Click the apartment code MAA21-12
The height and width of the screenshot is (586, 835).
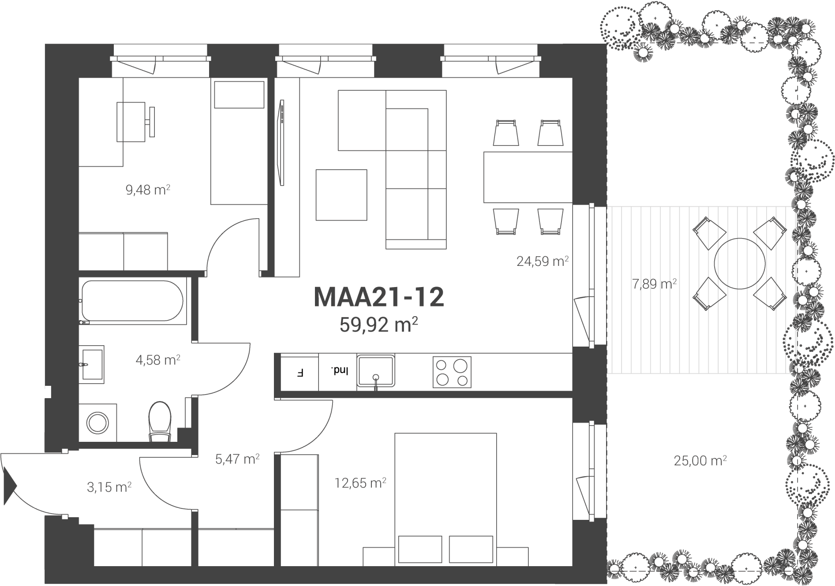(x=378, y=297)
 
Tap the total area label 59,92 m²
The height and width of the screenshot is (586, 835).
(x=378, y=325)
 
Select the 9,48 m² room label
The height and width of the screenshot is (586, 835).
(x=148, y=190)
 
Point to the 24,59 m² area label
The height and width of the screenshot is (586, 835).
(x=542, y=261)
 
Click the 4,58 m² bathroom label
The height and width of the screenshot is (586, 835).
(x=158, y=360)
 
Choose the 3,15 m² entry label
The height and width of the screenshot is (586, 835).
(x=109, y=487)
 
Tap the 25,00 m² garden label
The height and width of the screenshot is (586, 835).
(x=700, y=461)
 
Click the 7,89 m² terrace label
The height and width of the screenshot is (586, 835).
(x=654, y=284)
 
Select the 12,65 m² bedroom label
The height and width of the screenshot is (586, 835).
(x=360, y=483)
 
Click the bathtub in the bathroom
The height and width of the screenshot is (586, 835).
(x=132, y=301)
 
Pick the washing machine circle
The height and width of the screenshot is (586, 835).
(x=97, y=423)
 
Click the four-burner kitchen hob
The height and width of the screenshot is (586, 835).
(x=452, y=372)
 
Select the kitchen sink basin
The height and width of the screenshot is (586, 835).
(x=375, y=371)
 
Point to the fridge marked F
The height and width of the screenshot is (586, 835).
(x=300, y=373)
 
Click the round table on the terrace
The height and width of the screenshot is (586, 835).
(x=740, y=264)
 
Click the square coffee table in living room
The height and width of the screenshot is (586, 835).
(x=341, y=195)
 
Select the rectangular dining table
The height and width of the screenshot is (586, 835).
(x=528, y=177)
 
